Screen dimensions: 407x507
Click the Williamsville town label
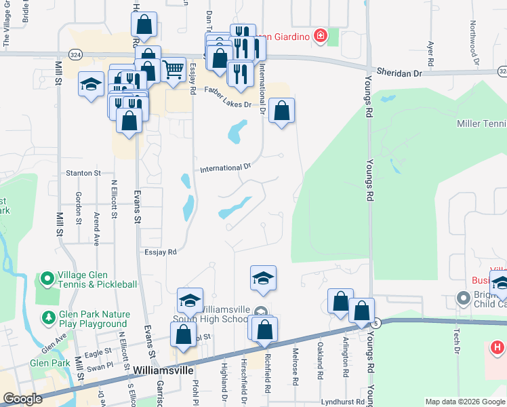click(x=164, y=372)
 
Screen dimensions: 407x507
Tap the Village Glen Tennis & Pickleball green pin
click(x=47, y=279)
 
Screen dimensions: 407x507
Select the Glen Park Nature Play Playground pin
click(x=47, y=317)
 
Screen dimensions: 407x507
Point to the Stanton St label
click(x=83, y=174)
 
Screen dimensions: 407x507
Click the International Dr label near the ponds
click(x=225, y=168)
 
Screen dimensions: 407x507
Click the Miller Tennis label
click(x=481, y=123)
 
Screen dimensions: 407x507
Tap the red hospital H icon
click(x=497, y=348)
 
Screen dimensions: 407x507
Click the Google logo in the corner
click(x=22, y=399)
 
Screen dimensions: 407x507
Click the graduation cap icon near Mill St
click(x=91, y=83)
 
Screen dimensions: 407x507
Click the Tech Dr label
click(x=458, y=343)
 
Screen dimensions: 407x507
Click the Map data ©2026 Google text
click(x=465, y=402)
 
